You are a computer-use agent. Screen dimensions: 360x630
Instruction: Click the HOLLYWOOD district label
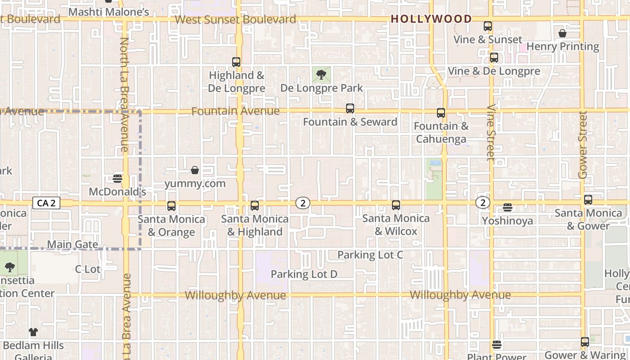(x=431, y=19)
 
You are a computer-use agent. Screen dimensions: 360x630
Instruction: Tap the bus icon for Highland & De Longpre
(x=236, y=62)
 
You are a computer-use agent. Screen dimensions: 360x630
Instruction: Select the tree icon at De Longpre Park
(x=321, y=75)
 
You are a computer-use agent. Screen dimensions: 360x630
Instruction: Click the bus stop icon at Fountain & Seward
(x=350, y=108)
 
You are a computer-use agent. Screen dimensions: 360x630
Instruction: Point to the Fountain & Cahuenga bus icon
(x=441, y=113)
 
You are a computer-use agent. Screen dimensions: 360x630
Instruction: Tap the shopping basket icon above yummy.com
(x=195, y=170)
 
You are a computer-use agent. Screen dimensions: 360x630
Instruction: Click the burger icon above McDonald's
(x=117, y=179)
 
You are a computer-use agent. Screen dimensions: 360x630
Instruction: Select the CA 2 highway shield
(x=46, y=203)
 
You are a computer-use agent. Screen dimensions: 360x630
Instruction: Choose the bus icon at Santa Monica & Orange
(x=171, y=206)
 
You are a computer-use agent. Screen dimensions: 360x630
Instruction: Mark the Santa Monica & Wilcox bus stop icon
(x=396, y=205)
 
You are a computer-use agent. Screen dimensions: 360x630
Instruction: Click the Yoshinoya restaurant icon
(x=508, y=207)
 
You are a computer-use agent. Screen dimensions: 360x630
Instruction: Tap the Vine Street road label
(x=491, y=133)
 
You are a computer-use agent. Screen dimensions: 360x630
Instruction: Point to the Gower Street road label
(x=583, y=145)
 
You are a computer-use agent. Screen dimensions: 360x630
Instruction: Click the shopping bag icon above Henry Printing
(x=562, y=33)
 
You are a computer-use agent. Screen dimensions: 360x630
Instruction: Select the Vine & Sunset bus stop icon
(x=488, y=26)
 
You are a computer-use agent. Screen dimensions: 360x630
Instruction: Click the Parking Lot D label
(x=304, y=274)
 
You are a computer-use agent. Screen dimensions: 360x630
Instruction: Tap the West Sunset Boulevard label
(x=235, y=19)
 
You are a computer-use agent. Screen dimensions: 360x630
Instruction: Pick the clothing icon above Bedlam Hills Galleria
(x=33, y=332)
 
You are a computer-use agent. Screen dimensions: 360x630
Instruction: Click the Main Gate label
(x=72, y=244)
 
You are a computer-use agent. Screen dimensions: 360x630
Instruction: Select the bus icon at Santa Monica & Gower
(x=588, y=200)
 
